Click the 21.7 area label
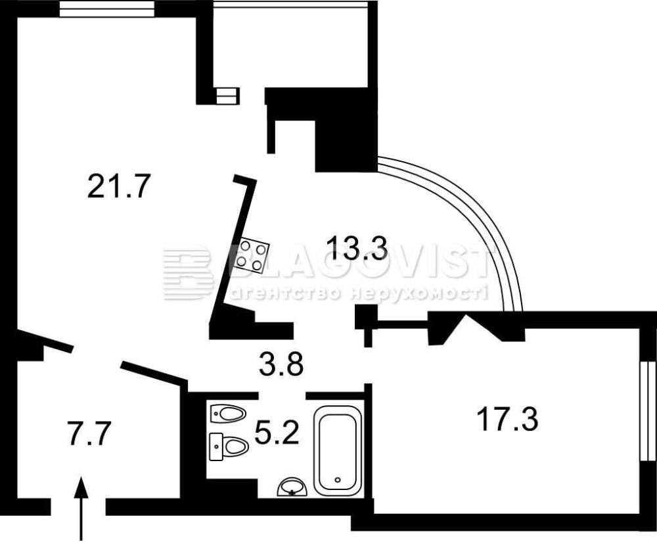(x=118, y=186)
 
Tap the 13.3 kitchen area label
(x=356, y=248)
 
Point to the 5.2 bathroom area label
(x=277, y=433)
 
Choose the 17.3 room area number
(x=507, y=420)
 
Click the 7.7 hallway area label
(x=89, y=434)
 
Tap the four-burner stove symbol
(x=251, y=257)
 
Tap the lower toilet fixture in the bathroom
(x=229, y=447)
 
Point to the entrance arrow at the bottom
(x=81, y=508)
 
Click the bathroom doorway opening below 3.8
(x=282, y=395)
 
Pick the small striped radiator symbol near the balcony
(x=228, y=95)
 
